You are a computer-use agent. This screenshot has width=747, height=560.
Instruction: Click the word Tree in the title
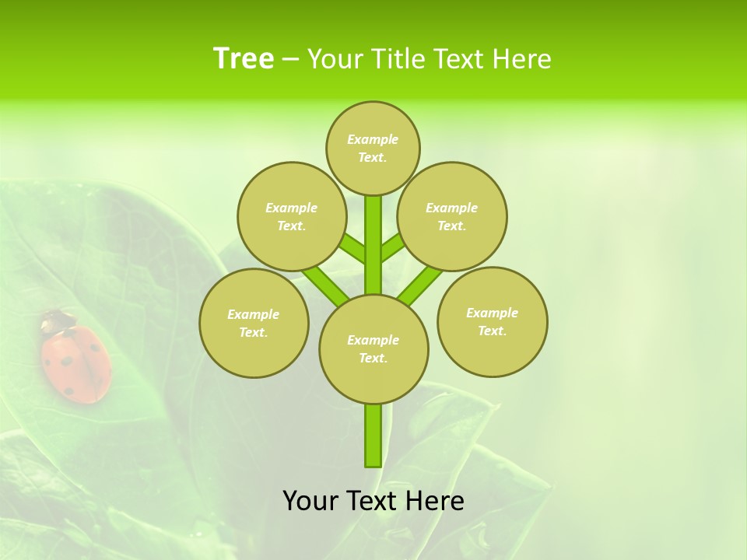tap(244, 58)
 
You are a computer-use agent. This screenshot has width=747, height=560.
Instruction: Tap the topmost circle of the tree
tap(373, 148)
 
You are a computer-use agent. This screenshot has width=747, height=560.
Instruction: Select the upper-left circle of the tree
tap(292, 216)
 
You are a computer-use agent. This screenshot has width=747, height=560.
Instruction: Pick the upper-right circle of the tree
tap(452, 216)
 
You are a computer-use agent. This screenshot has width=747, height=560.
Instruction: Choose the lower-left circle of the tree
tap(254, 323)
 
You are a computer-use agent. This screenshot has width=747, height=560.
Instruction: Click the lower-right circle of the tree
tap(493, 321)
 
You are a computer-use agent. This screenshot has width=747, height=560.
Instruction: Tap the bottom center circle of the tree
tap(373, 348)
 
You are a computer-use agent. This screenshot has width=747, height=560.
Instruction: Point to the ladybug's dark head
tap(57, 320)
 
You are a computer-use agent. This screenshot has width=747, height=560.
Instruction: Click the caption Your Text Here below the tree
tap(373, 501)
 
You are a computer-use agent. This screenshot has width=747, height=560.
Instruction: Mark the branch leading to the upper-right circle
tap(394, 248)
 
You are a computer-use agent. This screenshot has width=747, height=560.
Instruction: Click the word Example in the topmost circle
tap(373, 139)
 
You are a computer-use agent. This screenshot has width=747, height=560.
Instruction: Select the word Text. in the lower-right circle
tap(493, 331)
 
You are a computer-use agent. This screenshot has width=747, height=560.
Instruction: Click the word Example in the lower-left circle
tap(254, 314)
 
